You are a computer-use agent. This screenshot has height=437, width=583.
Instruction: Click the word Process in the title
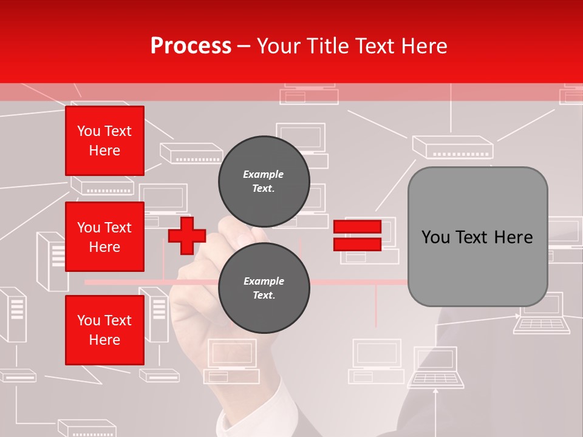pyautogui.click(x=191, y=46)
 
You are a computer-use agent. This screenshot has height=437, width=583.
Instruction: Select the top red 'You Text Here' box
pyautogui.click(x=104, y=141)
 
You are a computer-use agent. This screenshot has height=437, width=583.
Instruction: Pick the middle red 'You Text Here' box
pyautogui.click(x=104, y=237)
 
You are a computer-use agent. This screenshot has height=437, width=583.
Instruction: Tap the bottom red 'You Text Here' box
pyautogui.click(x=104, y=330)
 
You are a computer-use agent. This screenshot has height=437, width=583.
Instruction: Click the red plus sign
pyautogui.click(x=187, y=236)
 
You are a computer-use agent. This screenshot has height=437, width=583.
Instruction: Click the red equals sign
pyautogui.click(x=357, y=236)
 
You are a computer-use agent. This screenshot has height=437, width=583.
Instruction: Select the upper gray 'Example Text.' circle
pyautogui.click(x=264, y=181)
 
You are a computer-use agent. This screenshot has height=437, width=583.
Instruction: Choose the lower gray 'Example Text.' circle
pyautogui.click(x=264, y=288)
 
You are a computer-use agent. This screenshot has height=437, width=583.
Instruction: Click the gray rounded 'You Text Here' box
pyautogui.click(x=477, y=237)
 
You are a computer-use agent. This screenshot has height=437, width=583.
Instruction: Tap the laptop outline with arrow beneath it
pyautogui.click(x=436, y=367)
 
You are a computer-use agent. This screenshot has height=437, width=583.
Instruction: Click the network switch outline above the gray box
pyautogui.click(x=452, y=147)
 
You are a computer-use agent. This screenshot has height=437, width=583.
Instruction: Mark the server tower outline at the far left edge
pyautogui.click(x=13, y=314)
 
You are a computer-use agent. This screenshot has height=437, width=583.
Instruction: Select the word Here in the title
pyautogui.click(x=425, y=46)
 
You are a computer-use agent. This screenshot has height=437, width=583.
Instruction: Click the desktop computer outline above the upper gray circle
pyautogui.click(x=301, y=141)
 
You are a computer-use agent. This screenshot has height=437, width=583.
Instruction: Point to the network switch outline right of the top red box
pyautogui.click(x=191, y=152)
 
